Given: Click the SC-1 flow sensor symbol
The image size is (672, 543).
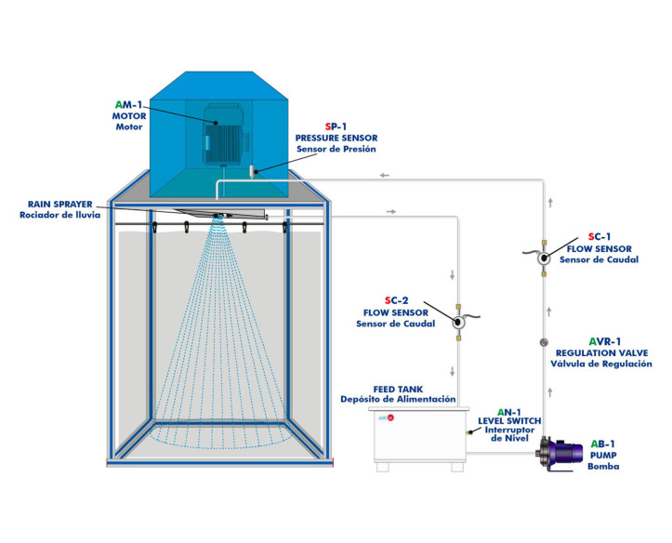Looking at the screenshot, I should tap(545, 259).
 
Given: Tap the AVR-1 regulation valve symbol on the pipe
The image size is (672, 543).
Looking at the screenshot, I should tap(545, 344).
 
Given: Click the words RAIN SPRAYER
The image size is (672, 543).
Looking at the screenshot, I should tap(58, 204).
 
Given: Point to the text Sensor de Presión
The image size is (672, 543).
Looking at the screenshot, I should tap(336, 149).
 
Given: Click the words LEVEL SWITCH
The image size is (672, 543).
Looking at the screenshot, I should tap(509, 421).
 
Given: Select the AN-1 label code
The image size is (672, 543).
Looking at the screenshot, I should tap(510, 411).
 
